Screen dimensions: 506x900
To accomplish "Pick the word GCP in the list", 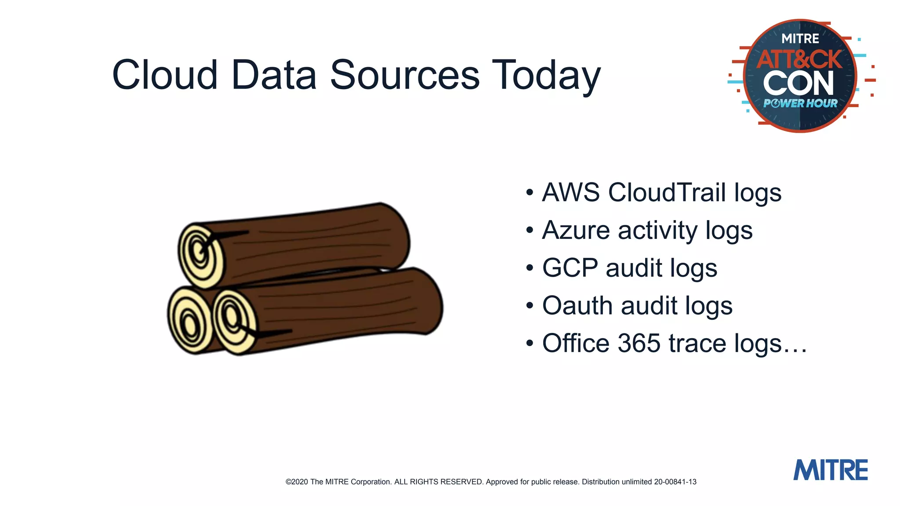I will coord(570,268).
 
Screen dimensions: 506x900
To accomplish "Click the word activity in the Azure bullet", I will coord(657,231).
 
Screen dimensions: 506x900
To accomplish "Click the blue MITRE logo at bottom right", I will coord(830,470).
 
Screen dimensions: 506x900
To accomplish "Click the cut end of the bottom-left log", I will coord(189,321).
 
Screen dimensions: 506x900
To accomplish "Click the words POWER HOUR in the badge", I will coord(800,104).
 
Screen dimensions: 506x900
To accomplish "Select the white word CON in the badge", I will coord(798,83).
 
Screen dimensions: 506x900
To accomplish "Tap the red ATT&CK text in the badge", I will coord(799,59).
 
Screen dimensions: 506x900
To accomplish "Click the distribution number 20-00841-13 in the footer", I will coord(675,482).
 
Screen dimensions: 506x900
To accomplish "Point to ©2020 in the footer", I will coord(297,482).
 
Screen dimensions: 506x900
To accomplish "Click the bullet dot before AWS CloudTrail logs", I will coord(530,193).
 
